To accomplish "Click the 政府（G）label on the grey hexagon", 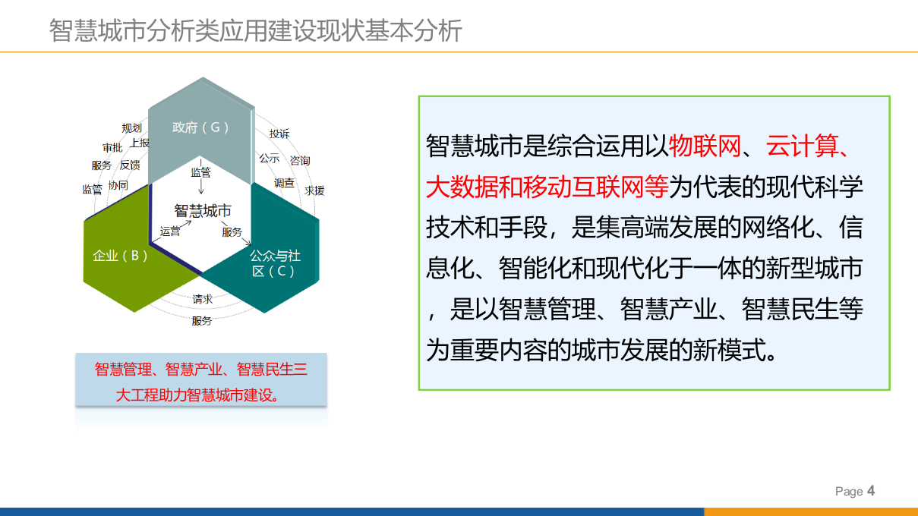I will [200, 127].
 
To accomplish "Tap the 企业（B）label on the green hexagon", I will [120, 256].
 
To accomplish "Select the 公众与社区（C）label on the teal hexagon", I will [274, 263].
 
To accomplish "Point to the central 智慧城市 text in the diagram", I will [203, 211].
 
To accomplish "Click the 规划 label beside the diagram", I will [132, 128].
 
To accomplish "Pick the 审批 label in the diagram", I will [112, 147].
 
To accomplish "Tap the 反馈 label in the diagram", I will [130, 165].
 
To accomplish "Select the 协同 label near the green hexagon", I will [118, 184].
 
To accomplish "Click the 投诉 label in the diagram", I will [279, 134].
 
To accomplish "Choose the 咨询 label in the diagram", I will [300, 160].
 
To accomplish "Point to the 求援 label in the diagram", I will [314, 190].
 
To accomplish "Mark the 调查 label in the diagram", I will [284, 183].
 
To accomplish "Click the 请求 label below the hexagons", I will [202, 299].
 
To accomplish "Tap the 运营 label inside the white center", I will [170, 231].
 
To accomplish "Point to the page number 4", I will [871, 491].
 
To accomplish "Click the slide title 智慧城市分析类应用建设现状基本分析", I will [256, 32].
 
